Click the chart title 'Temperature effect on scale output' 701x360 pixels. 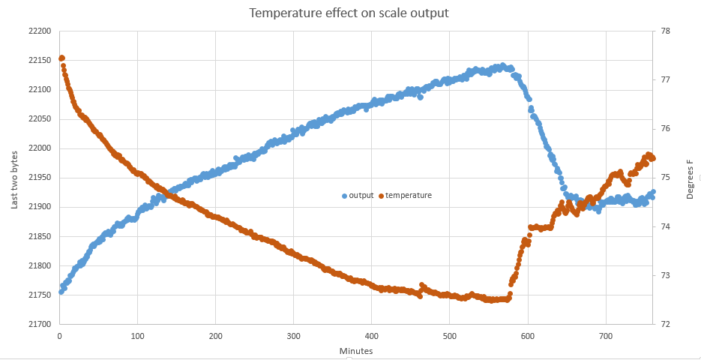pos(350,13)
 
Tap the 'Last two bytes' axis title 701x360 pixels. pos(14,178)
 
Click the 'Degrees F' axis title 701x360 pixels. pos(690,178)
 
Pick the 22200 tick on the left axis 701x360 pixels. pos(39,31)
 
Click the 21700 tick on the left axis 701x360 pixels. pos(39,325)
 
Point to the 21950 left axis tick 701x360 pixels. pos(39,178)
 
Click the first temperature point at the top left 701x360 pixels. pos(61,58)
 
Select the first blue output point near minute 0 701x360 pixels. pos(61,292)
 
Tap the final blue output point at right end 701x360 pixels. pos(653,192)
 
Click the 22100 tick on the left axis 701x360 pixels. pos(39,90)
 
